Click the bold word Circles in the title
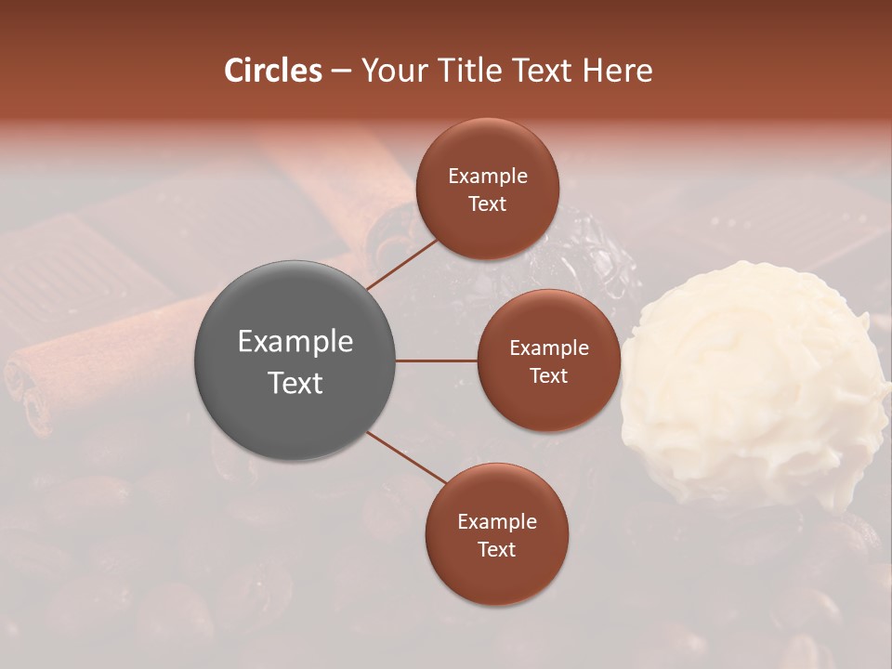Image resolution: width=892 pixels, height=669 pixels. (x=273, y=71)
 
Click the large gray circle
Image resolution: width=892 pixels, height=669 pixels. (x=295, y=361)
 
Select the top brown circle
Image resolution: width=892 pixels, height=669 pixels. (x=487, y=190)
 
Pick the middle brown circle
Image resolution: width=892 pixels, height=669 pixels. (x=548, y=361)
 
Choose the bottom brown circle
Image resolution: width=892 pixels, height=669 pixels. (x=496, y=535)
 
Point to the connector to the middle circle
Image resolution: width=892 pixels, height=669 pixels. (x=437, y=361)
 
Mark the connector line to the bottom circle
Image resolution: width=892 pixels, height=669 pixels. (x=407, y=456)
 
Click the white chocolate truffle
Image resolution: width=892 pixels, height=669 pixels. (x=753, y=381)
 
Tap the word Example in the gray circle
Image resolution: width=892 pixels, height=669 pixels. (x=295, y=342)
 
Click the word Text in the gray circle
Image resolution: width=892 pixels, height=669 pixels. (x=295, y=383)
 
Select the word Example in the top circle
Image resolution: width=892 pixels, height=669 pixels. (x=488, y=177)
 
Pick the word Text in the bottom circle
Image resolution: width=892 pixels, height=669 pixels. (x=496, y=550)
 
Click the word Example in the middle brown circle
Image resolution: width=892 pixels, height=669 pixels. (x=549, y=348)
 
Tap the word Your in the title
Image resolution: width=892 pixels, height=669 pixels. (x=389, y=71)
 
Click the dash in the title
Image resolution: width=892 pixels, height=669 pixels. (x=341, y=72)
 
